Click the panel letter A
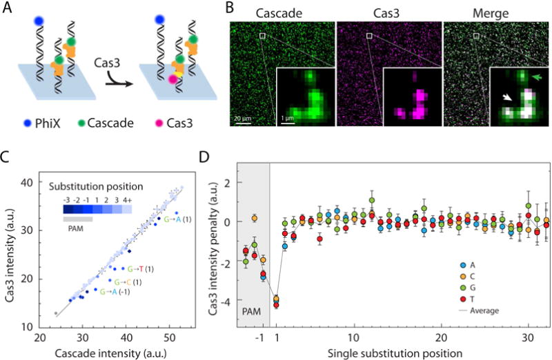6,6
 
